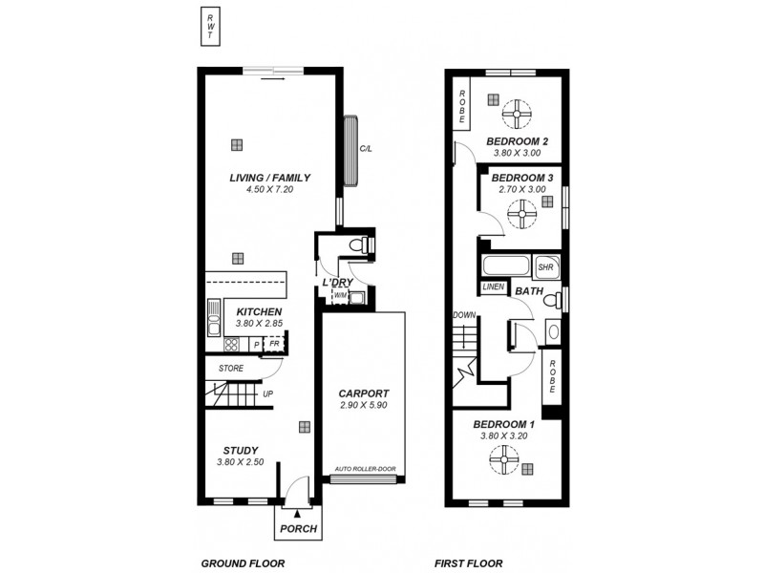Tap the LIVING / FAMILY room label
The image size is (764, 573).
pos(269,178)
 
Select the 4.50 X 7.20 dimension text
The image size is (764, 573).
pos(269,190)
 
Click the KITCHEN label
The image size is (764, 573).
pos(258,312)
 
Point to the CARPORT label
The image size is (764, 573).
pos(364,393)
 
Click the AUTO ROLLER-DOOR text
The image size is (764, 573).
pos(364,469)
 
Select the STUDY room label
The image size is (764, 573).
pos(242,451)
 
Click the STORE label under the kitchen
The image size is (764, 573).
pos(230,368)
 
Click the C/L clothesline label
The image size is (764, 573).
pos(365,149)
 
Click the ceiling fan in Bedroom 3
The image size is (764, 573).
pos(521,218)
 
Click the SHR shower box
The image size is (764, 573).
pos(545,266)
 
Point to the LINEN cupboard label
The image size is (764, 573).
pos(493,286)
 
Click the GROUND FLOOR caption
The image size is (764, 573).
pos(243,563)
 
